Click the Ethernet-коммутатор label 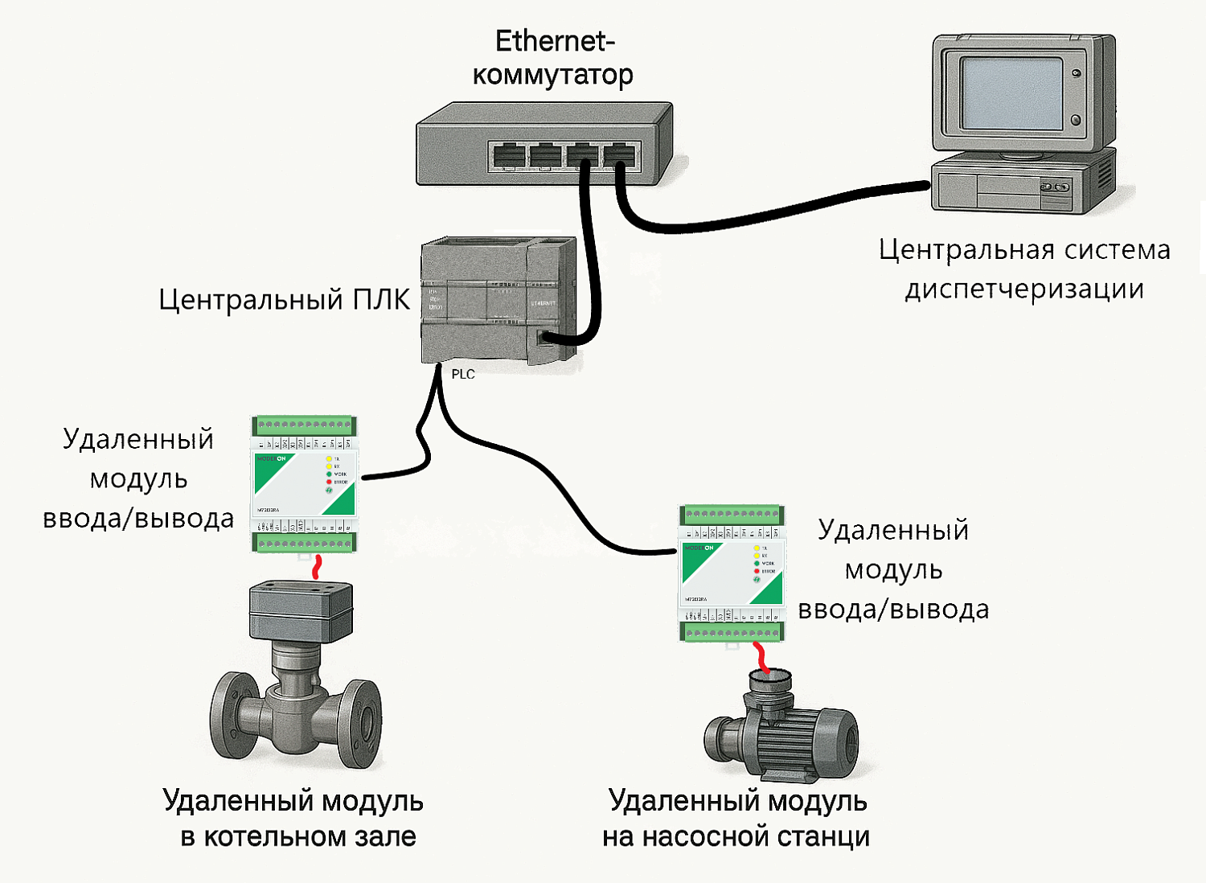[553, 58]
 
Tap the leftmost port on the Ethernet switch [507, 154]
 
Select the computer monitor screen [1011, 92]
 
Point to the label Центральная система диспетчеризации [1023, 269]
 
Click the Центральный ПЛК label [284, 299]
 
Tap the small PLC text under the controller [463, 374]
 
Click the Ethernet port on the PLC [544, 338]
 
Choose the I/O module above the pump [732, 573]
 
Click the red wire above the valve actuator [317, 567]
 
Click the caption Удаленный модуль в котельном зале [294, 818]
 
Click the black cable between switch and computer [772, 214]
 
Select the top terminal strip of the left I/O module [304, 425]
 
